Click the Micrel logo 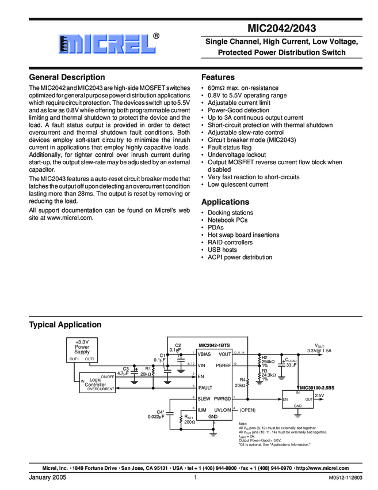(x=109, y=43)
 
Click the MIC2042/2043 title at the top (x=281, y=27)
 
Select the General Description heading (x=67, y=77)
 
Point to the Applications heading (x=225, y=202)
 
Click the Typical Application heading (x=65, y=325)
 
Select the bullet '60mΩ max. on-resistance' (x=243, y=88)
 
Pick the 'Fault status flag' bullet (x=230, y=148)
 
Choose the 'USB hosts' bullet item (x=222, y=250)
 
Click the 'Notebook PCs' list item (x=228, y=220)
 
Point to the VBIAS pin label (x=205, y=354)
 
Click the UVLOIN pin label (x=222, y=409)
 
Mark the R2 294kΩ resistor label (x=268, y=360)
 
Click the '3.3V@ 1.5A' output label (x=319, y=350)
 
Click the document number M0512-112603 (x=345, y=478)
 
